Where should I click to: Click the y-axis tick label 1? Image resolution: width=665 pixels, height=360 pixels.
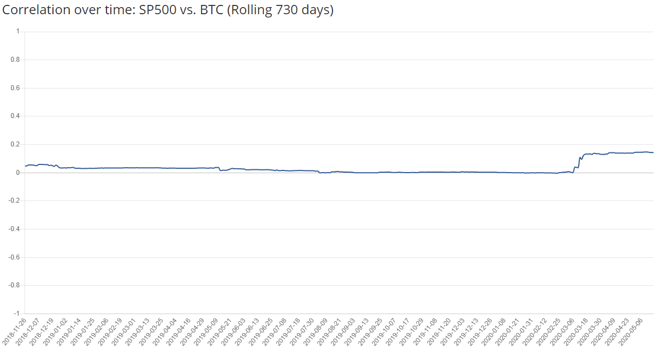point(18,32)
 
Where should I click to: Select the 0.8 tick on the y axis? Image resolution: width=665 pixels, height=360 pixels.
point(15,60)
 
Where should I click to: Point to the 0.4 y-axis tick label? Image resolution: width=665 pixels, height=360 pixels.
point(15,116)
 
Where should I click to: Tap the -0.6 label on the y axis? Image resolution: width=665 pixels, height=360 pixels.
point(14,257)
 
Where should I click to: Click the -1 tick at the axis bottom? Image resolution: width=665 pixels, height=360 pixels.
point(17,314)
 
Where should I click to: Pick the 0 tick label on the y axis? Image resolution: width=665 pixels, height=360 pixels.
point(18,173)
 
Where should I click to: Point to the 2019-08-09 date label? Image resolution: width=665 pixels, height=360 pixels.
point(316,332)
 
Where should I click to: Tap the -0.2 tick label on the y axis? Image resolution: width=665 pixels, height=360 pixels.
point(14,201)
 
